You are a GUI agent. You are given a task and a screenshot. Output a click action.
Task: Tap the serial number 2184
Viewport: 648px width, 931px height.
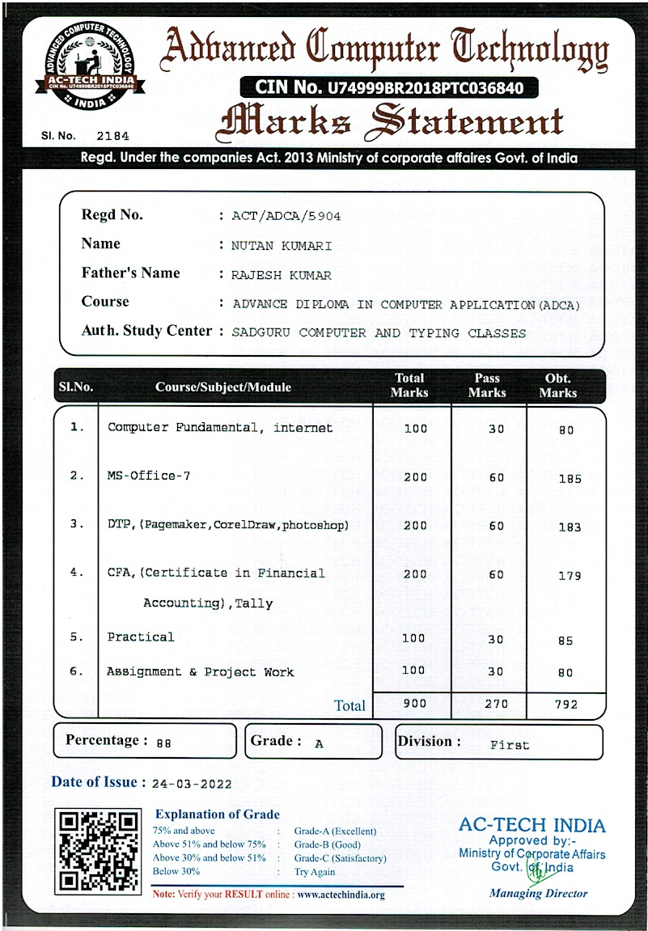click(112, 136)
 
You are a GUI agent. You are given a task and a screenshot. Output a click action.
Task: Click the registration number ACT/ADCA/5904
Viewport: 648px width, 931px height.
click(286, 216)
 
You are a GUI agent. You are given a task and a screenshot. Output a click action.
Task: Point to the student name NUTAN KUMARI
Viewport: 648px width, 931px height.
click(282, 246)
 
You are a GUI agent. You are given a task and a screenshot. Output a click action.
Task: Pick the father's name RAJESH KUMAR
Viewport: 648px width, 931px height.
click(282, 275)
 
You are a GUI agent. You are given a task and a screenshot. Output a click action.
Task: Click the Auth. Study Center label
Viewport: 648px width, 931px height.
click(146, 331)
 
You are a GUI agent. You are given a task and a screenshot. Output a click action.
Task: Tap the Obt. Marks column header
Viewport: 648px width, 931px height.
click(557, 386)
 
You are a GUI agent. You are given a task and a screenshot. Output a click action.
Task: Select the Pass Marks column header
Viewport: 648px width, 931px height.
click(487, 386)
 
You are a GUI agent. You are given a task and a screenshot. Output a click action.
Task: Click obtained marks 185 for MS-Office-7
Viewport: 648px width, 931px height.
click(570, 479)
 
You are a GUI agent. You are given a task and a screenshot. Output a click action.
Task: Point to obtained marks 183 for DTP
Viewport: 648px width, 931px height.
click(570, 527)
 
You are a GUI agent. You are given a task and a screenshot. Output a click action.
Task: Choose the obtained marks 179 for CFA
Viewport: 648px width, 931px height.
click(570, 576)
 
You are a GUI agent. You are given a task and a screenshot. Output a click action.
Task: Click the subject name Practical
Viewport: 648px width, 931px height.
click(141, 637)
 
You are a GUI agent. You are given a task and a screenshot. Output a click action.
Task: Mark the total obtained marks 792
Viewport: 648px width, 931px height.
click(566, 705)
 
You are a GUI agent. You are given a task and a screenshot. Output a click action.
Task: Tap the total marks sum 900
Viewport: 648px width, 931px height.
click(414, 704)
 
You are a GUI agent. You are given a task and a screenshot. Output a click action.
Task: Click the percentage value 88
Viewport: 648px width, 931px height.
click(163, 743)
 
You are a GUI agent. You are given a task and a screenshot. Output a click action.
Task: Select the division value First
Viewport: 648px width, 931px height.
click(510, 745)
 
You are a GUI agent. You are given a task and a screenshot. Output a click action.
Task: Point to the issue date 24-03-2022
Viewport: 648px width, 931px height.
click(192, 784)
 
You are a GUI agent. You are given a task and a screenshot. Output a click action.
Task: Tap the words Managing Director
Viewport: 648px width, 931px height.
click(538, 893)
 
